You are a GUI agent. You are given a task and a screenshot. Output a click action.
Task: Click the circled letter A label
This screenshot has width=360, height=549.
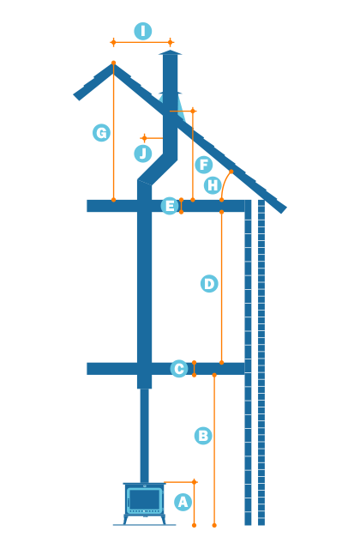[183, 502]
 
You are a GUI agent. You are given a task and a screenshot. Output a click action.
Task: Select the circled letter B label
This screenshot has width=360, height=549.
[203, 436]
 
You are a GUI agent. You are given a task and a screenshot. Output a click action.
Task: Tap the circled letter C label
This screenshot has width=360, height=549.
[179, 369]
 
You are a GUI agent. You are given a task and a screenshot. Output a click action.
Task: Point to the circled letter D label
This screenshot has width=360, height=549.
[209, 284]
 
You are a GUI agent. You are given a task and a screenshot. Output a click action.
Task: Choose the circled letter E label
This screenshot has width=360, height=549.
[170, 206]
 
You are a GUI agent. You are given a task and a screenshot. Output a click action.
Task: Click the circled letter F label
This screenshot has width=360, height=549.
[203, 165]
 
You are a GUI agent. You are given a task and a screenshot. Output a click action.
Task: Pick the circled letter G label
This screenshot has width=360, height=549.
[102, 133]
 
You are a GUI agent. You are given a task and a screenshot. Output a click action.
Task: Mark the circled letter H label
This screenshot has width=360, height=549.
[213, 185]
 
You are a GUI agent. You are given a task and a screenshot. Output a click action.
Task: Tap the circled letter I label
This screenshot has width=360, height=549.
[143, 32]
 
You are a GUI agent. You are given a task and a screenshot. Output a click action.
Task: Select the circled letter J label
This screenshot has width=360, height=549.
[143, 154]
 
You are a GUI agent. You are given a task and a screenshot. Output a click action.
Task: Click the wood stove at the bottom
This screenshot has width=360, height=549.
[144, 502]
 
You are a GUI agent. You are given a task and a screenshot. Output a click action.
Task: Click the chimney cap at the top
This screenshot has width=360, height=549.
[170, 53]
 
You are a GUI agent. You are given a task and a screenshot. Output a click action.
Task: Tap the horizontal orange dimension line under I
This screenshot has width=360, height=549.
[141, 42]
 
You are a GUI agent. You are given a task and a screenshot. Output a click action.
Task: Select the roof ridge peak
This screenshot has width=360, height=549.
[113, 65]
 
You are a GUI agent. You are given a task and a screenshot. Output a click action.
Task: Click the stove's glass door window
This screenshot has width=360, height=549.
[144, 500]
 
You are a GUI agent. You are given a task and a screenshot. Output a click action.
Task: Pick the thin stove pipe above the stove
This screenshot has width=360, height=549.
[144, 433]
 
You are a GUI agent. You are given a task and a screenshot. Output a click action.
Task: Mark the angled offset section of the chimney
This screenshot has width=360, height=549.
[157, 170]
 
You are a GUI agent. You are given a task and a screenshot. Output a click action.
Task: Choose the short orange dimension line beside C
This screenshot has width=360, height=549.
[194, 369]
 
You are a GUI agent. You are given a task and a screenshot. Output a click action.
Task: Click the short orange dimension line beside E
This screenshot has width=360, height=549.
[181, 206]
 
